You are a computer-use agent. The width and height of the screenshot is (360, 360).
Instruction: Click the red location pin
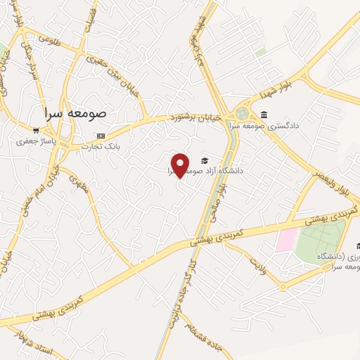pyautogui.click(x=180, y=165)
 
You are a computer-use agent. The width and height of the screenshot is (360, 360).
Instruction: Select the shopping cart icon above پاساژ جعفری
pyautogui.click(x=36, y=130)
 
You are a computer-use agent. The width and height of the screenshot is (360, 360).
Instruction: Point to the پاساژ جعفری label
pyautogui.click(x=36, y=141)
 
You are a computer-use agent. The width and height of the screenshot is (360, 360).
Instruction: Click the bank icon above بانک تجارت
pyautogui.click(x=101, y=135)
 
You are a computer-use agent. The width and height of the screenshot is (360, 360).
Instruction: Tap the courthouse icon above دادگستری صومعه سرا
pyautogui.click(x=264, y=115)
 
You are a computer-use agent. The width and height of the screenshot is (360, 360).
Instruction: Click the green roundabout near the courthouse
pyautogui.click(x=242, y=112)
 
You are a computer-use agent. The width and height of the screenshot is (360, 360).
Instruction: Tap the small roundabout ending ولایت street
pyautogui.click(x=282, y=286)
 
